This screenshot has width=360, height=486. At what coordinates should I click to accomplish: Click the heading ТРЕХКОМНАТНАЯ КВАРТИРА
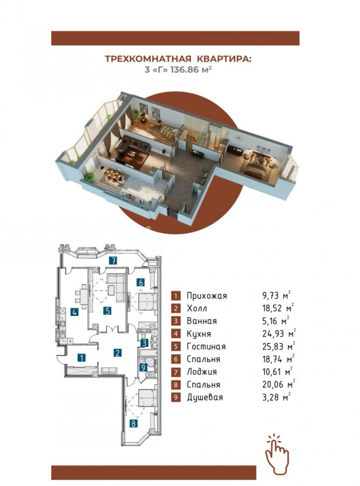(178, 58)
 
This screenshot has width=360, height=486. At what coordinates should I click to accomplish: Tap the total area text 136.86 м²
(192, 70)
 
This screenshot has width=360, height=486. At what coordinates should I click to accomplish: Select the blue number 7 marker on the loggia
(114, 260)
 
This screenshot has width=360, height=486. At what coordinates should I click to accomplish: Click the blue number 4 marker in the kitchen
(74, 312)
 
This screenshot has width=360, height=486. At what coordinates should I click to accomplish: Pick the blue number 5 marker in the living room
(107, 310)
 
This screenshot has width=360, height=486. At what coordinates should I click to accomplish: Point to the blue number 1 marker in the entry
(81, 358)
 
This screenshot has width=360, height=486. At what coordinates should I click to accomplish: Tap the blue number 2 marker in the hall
(117, 353)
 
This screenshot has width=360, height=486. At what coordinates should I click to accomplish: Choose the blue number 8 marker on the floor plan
(133, 423)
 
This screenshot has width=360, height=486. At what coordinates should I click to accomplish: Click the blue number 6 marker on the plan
(141, 282)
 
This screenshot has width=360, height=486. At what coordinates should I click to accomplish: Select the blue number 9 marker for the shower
(143, 368)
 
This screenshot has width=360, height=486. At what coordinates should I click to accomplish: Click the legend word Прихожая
(207, 296)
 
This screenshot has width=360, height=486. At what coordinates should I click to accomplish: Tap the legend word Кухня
(199, 334)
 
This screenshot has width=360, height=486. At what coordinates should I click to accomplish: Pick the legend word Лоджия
(202, 372)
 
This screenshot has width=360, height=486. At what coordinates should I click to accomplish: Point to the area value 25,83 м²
(279, 346)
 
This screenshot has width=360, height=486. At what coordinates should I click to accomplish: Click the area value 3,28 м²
(276, 397)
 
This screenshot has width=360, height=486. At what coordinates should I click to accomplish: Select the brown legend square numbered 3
(175, 321)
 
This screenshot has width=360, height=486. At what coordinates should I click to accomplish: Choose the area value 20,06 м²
(279, 384)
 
